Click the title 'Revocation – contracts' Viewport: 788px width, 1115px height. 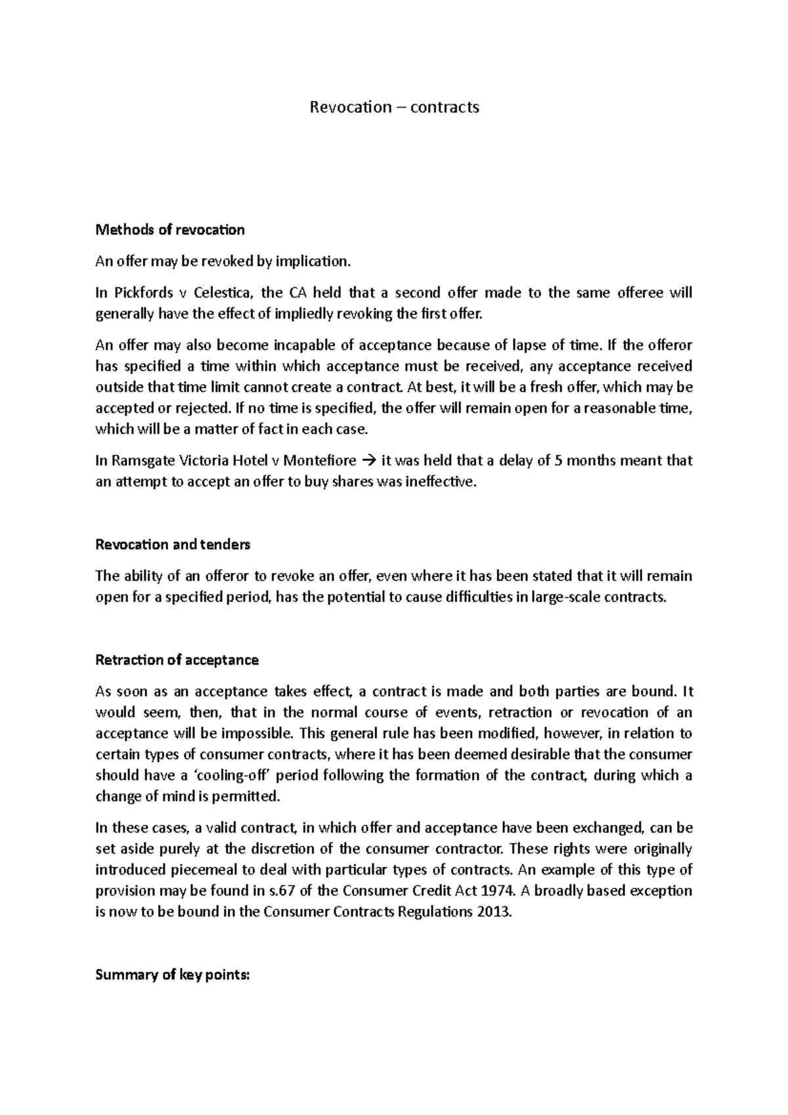394,107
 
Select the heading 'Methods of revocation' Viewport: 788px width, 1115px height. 170,230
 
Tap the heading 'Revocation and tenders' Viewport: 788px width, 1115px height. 173,544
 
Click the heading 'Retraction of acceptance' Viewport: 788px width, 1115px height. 177,660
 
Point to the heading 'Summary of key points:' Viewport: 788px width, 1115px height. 173,975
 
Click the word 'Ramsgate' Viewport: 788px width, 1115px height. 142,461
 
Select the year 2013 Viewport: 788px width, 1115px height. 493,912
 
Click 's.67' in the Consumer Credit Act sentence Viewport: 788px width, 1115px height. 295,891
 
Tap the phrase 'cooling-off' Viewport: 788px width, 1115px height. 232,776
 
